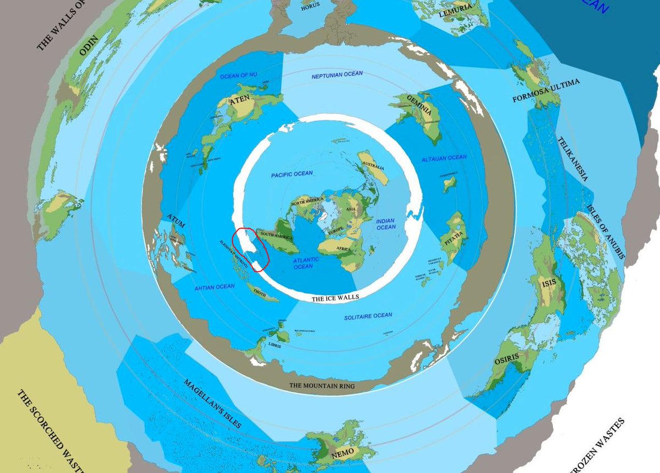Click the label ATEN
coord(240,100)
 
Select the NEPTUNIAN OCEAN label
coord(337,75)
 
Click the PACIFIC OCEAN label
coord(291,174)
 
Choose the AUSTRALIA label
coord(373,166)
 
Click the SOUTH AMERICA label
coord(275,235)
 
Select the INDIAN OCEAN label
coord(386,224)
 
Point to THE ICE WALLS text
coord(335,298)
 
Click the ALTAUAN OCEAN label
coord(444,158)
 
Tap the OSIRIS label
coord(506,358)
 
